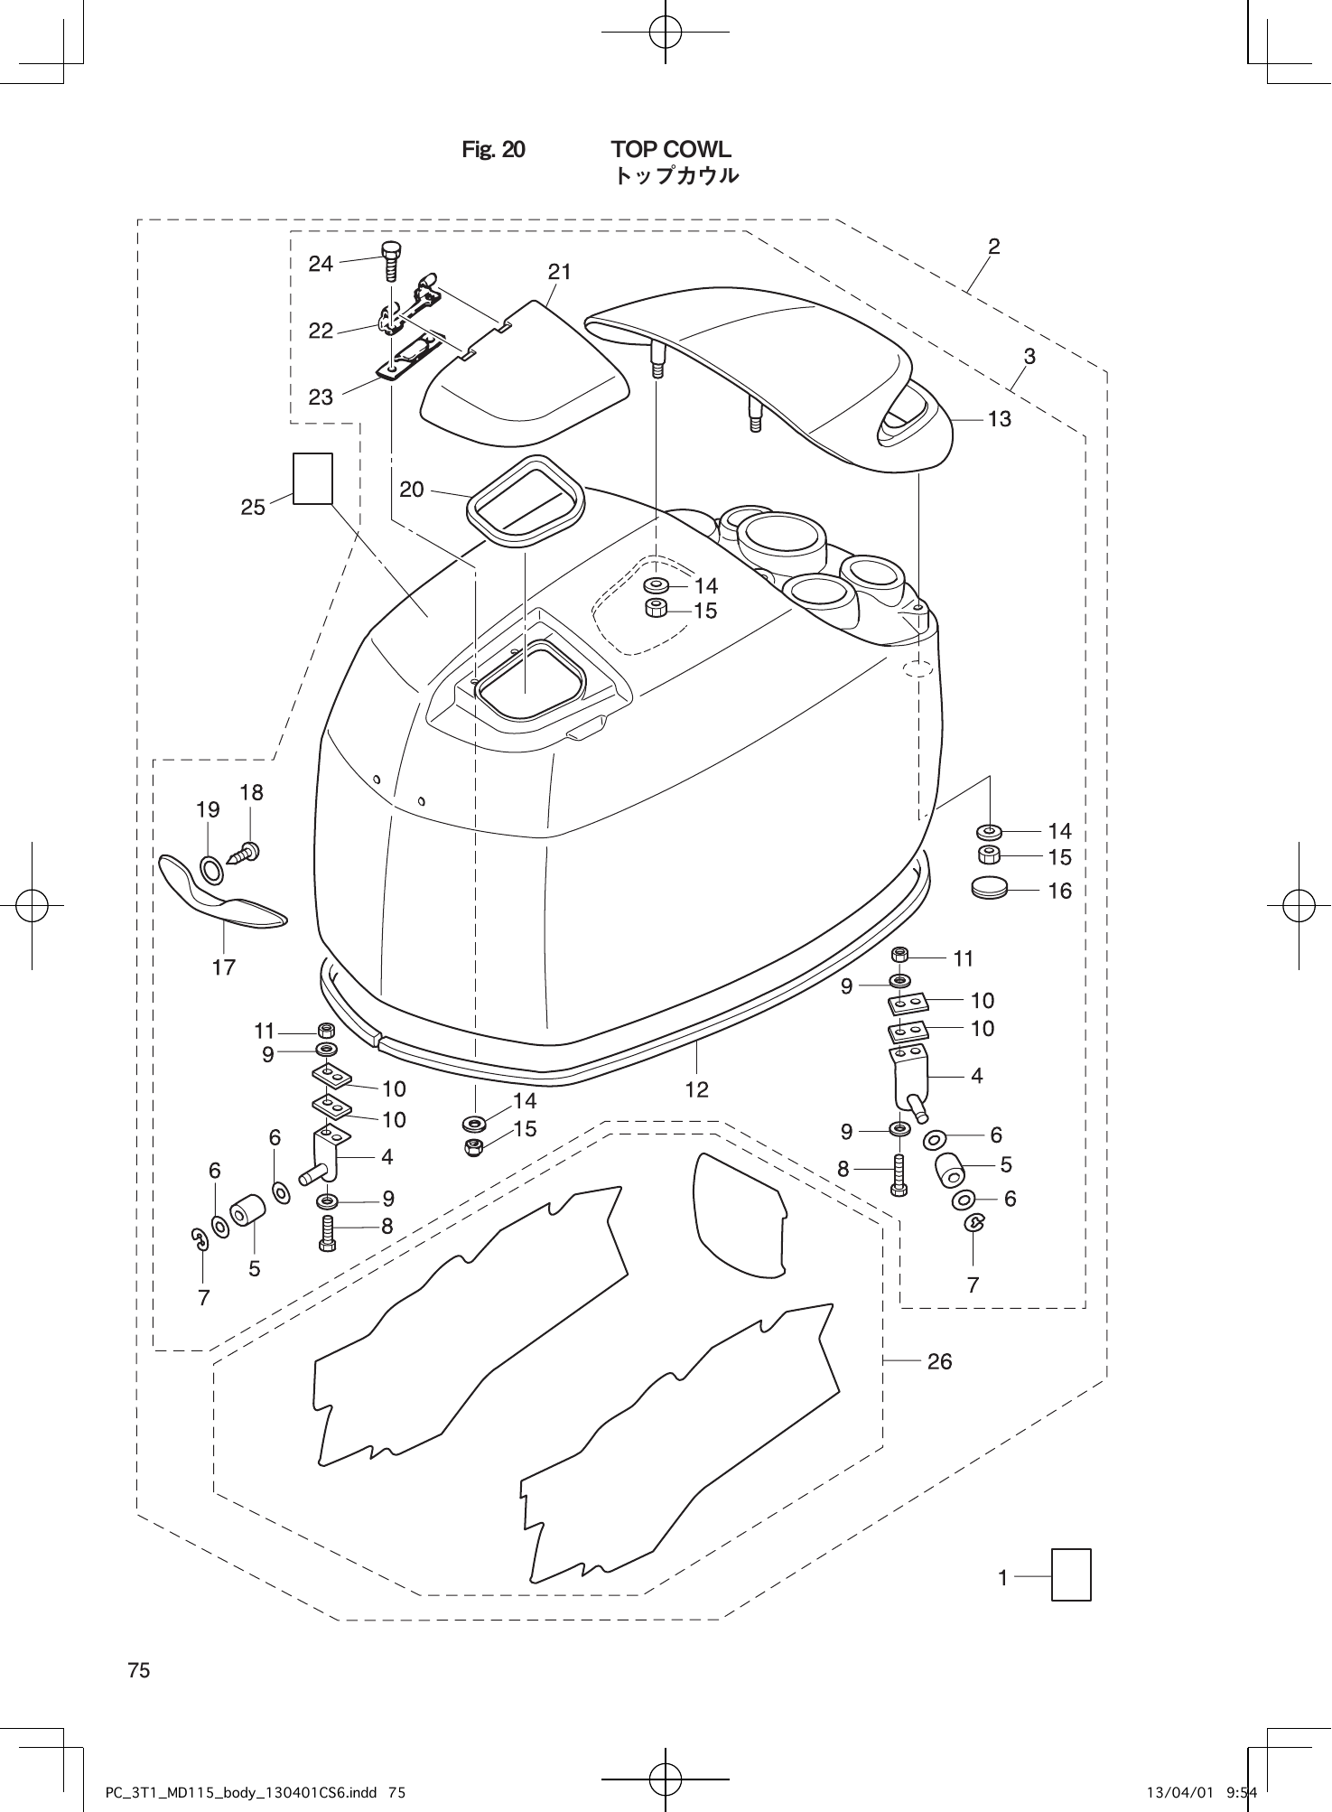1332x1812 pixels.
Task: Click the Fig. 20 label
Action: point(493,149)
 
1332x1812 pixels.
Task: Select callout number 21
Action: point(560,271)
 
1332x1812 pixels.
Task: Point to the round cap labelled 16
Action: point(989,887)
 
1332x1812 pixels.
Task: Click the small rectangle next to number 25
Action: point(313,479)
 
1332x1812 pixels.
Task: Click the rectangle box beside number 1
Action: point(1071,1574)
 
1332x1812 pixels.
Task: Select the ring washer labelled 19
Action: point(212,871)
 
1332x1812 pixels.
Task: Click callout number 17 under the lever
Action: point(224,967)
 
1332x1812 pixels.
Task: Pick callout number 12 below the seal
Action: point(696,1089)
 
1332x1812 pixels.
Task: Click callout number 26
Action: point(939,1360)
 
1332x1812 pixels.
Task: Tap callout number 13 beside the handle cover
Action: point(999,419)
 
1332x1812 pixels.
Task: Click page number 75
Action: point(139,1670)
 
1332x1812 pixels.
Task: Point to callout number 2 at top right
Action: point(993,246)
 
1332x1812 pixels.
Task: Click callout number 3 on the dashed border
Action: point(1029,356)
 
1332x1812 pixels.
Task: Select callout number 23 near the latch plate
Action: point(321,397)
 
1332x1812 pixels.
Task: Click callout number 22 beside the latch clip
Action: point(321,332)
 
